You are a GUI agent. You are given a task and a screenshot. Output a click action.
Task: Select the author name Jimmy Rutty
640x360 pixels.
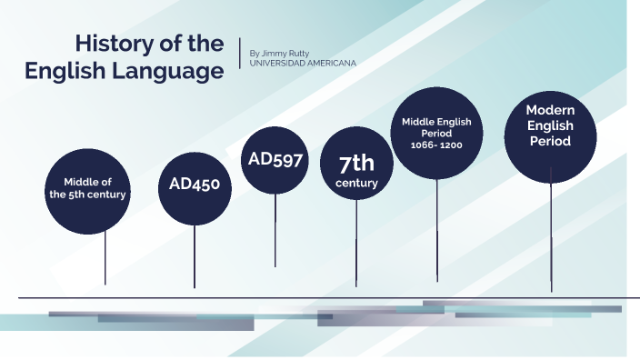click(x=291, y=53)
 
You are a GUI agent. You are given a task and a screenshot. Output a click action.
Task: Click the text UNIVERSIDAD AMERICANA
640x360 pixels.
click(x=303, y=63)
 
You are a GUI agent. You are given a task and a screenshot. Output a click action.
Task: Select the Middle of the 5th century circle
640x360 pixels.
click(x=88, y=188)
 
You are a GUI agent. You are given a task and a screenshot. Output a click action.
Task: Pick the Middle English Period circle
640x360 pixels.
click(x=437, y=133)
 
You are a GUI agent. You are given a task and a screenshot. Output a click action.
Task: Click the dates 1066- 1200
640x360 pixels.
click(x=437, y=145)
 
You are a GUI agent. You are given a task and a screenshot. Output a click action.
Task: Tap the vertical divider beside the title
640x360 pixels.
click(x=240, y=53)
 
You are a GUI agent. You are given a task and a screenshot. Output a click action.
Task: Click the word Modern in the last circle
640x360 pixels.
click(x=550, y=110)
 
